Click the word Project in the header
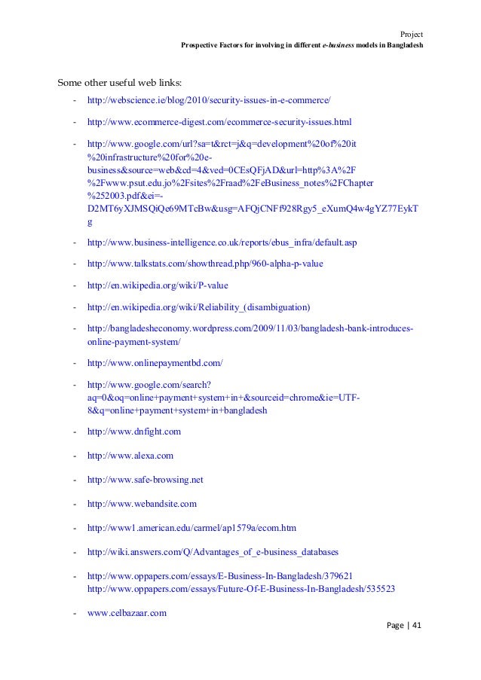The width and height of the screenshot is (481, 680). point(411,33)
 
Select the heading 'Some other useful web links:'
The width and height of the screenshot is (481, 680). point(120,83)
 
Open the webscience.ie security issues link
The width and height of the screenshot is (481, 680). point(209,100)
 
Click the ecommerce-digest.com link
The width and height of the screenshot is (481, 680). point(219,121)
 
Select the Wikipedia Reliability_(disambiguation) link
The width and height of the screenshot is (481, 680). point(198,307)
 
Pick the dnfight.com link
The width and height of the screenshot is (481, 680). point(134,432)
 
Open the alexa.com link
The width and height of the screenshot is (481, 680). point(130,456)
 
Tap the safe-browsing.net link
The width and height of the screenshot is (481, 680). point(146,480)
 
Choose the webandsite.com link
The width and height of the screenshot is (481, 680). point(142,504)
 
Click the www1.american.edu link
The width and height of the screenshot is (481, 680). point(191,528)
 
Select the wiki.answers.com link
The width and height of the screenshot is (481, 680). point(213,552)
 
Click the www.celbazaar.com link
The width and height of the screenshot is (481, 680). point(127,612)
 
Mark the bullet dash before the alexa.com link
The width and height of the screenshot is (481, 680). point(75,456)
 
